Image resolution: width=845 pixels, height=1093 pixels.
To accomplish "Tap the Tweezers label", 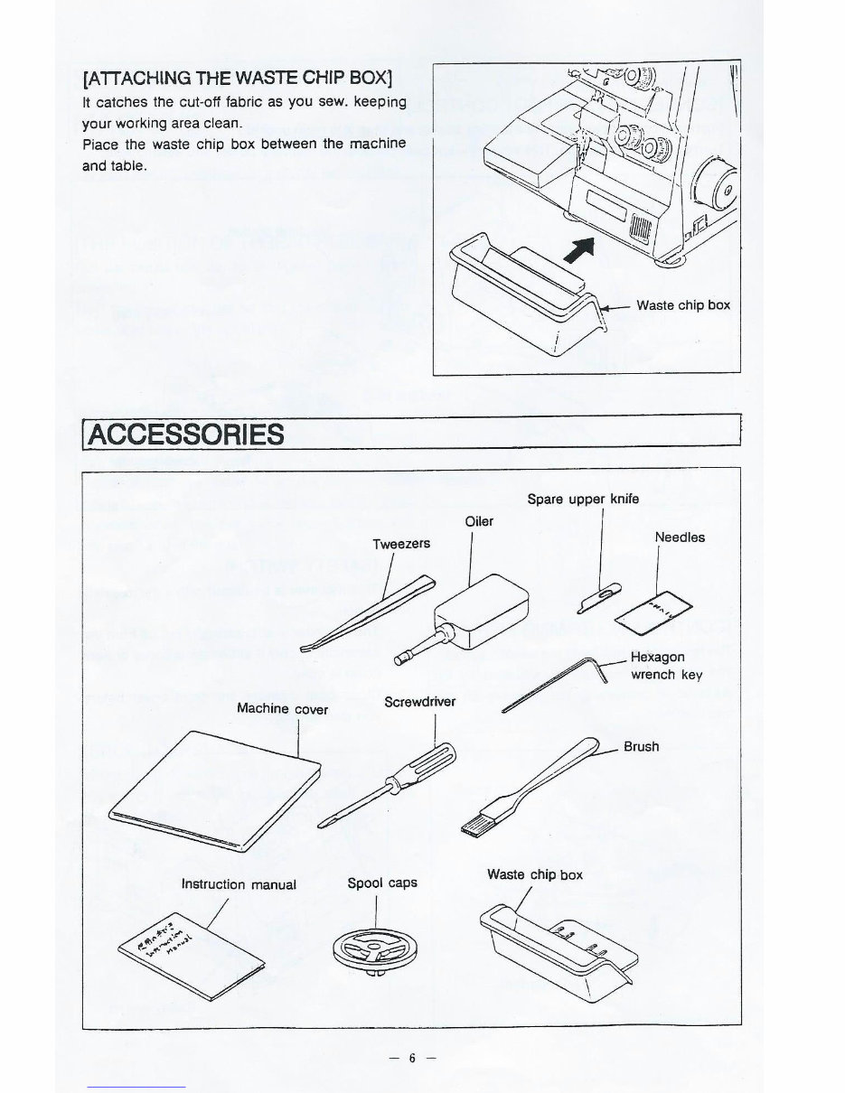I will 401,544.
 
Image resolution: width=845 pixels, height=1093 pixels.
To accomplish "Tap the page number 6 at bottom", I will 410,1058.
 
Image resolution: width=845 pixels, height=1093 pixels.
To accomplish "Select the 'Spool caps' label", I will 382,883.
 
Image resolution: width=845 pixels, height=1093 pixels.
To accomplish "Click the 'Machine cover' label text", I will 282,709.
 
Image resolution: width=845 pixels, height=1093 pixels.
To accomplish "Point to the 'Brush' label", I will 642,747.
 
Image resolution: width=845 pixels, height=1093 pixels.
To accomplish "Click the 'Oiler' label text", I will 479,521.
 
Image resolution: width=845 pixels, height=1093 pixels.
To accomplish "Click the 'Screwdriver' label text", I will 419,702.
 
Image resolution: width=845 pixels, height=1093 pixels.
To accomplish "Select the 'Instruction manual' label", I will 239,884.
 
